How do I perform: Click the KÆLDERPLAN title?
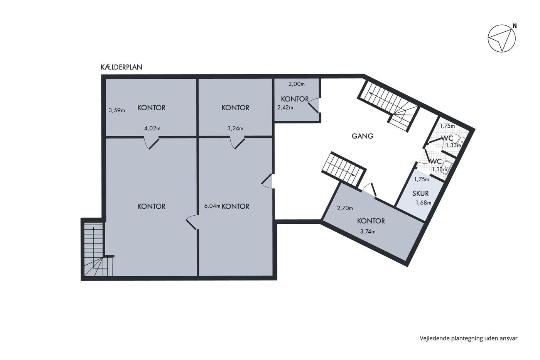(x=121, y=67)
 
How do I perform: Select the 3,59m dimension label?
(x=116, y=110)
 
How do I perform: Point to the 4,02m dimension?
(x=152, y=128)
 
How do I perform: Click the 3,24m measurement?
(x=235, y=128)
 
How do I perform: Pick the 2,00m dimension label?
(x=296, y=84)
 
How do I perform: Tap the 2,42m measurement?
(x=285, y=107)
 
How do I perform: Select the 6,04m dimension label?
(x=212, y=206)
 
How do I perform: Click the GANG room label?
(x=362, y=136)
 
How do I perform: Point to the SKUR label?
(x=420, y=193)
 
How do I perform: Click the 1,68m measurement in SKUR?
(x=424, y=203)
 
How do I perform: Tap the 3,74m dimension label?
(x=368, y=232)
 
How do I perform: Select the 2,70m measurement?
(x=345, y=208)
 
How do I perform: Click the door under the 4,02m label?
(x=152, y=143)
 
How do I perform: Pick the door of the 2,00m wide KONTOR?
(x=314, y=105)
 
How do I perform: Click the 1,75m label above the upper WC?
(x=447, y=126)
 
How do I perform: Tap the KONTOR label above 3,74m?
(x=371, y=221)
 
